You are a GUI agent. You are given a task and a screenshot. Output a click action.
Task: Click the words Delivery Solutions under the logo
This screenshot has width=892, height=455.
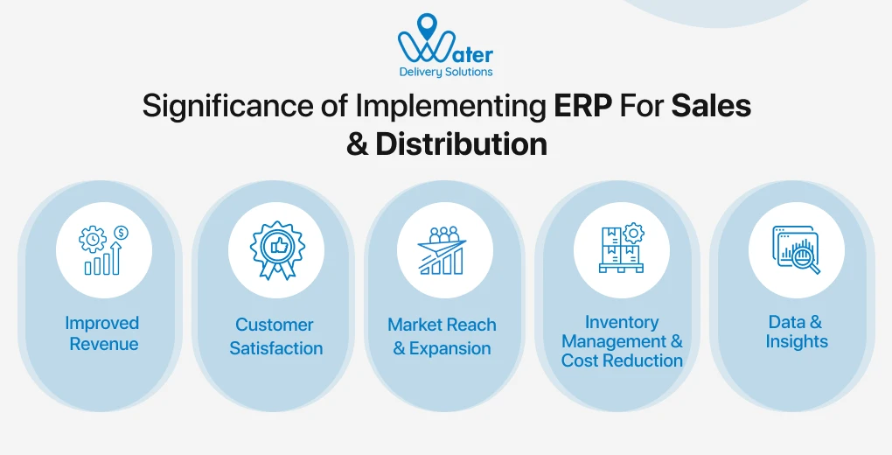(445, 72)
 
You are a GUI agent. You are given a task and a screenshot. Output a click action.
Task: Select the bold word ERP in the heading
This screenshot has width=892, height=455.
(584, 106)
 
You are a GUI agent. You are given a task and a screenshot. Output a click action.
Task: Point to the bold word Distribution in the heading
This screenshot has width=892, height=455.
(461, 143)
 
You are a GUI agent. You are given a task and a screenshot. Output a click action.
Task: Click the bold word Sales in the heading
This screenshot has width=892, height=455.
(711, 106)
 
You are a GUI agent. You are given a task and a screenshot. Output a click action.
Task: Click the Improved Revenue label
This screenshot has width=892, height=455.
(103, 333)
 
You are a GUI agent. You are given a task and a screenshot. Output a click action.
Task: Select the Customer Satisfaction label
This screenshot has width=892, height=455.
(275, 337)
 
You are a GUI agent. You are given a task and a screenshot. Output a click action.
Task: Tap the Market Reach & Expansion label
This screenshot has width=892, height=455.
(442, 337)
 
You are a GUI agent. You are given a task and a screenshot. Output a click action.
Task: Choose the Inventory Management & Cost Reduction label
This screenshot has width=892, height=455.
(622, 341)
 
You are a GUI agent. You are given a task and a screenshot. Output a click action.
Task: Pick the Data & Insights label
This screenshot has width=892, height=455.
(796, 332)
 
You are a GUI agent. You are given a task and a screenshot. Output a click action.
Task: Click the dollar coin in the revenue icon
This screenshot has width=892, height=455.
(121, 233)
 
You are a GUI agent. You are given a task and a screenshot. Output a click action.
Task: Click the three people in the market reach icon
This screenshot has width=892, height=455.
(444, 234)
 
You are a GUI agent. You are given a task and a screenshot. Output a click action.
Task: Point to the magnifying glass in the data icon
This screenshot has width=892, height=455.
(807, 259)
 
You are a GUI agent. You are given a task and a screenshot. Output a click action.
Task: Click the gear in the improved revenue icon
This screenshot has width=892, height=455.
(92, 239)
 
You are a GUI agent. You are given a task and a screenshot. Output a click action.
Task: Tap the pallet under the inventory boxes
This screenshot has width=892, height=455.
(621, 268)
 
